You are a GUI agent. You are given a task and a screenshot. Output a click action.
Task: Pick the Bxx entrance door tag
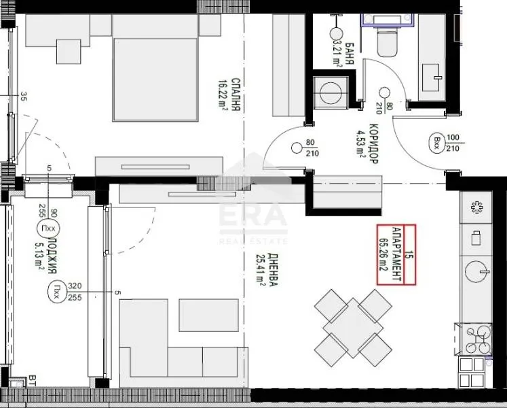pyautogui.click(x=436, y=143)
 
